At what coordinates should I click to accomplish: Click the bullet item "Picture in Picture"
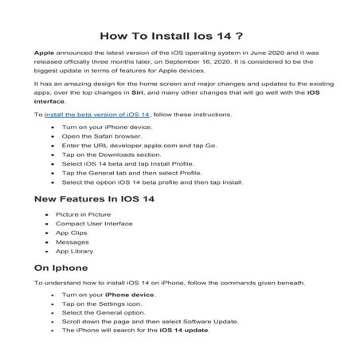click(x=84, y=215)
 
